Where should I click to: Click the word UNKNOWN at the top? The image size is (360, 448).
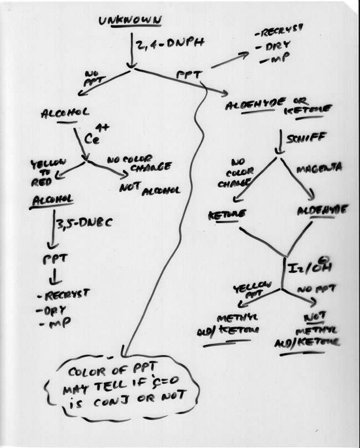coord(130,21)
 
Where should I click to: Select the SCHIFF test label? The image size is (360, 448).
coord(304,138)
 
